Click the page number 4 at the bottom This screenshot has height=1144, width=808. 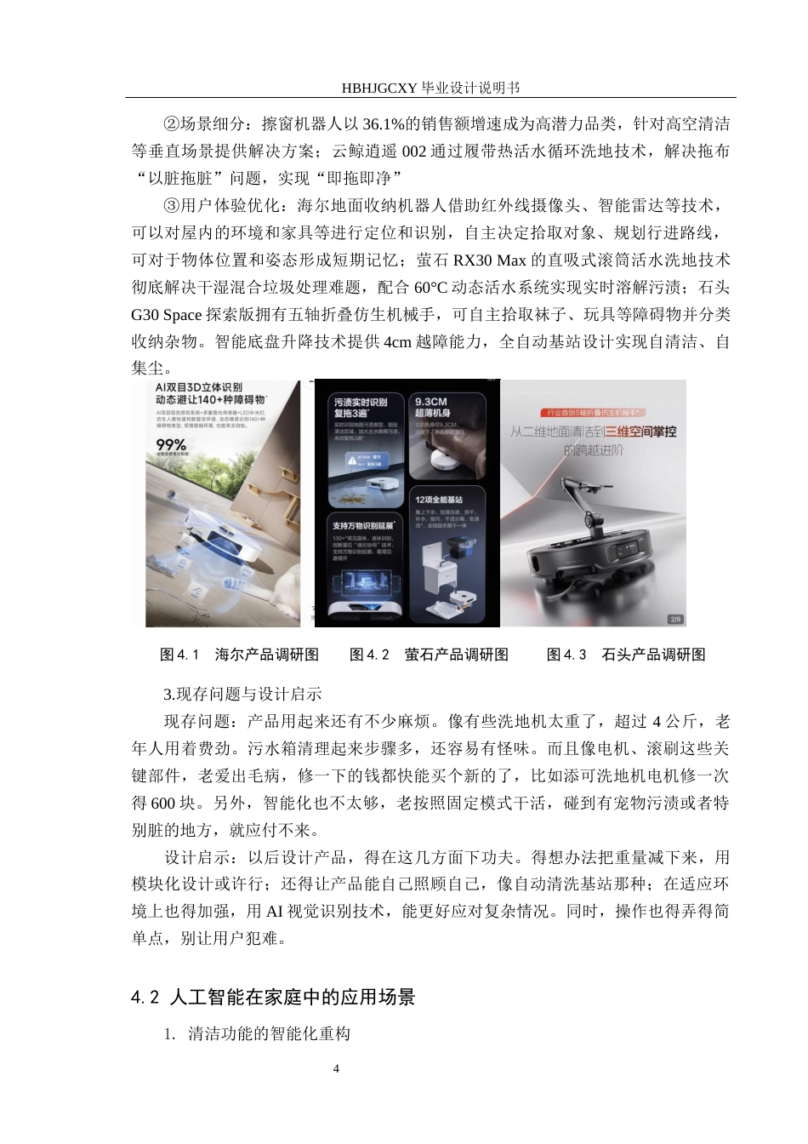coord(336,1068)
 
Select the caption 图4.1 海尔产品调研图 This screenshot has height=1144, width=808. coord(239,655)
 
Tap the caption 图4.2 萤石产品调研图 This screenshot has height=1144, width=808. coord(429,655)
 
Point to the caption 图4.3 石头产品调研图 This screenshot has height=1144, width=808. coord(626,655)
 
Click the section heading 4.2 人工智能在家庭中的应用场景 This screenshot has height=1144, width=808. coord(273,997)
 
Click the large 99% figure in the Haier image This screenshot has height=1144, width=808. coord(171,444)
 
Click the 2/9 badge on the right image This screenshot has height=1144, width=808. coord(675,619)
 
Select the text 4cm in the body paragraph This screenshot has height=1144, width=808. coord(398,341)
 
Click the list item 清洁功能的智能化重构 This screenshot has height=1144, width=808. coord(269,1035)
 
